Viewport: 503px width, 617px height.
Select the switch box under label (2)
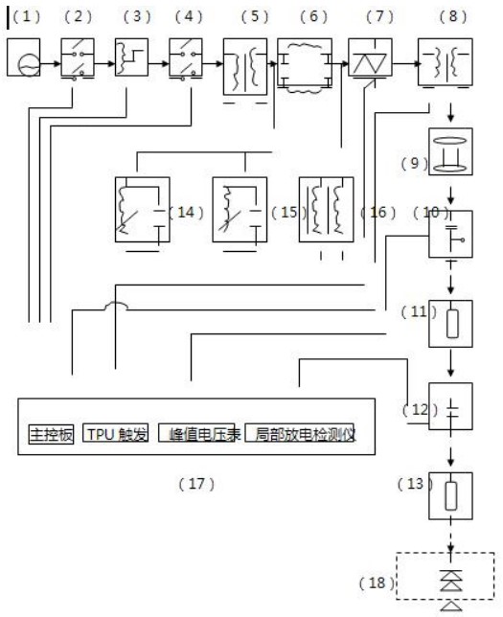tap(78, 57)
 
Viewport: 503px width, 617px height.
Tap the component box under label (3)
tap(131, 57)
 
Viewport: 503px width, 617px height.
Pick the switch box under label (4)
tap(186, 57)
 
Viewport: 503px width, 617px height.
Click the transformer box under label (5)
tap(245, 66)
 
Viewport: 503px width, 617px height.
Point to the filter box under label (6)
tap(305, 62)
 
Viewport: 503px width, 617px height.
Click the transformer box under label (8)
tap(446, 61)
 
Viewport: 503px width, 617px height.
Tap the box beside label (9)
tap(450, 151)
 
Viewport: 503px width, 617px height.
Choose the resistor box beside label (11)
tap(450, 324)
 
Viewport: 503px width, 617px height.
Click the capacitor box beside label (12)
tap(450, 406)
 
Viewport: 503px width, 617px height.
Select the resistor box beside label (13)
tap(450, 496)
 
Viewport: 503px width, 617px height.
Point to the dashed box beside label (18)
tap(446, 576)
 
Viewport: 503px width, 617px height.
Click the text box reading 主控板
tap(51, 434)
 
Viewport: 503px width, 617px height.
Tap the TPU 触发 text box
tap(116, 433)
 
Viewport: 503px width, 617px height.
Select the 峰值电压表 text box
tap(196, 433)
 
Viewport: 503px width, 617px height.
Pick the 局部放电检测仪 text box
tap(300, 433)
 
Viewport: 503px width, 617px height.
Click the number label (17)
tap(196, 484)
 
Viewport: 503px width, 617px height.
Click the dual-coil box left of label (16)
tap(327, 209)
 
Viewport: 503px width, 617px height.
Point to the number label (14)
tap(186, 213)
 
